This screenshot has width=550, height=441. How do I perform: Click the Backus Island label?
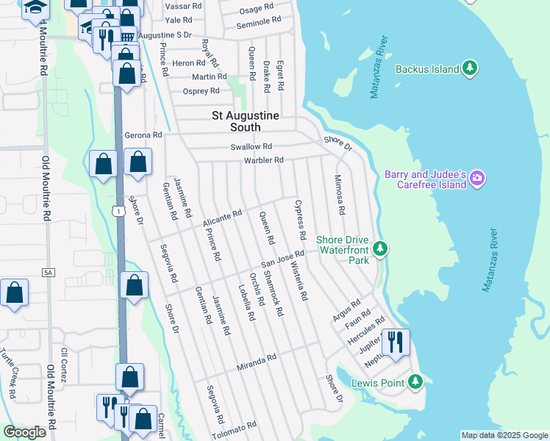click(x=426, y=70)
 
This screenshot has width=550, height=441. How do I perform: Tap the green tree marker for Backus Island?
click(x=470, y=69)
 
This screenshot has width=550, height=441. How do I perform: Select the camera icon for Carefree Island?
click(x=478, y=178)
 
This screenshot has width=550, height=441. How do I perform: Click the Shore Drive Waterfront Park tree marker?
click(x=379, y=249)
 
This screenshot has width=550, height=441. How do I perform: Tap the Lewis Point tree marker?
click(x=415, y=381)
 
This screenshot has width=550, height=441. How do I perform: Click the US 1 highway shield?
click(x=118, y=211)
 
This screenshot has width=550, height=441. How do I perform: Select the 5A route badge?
click(x=49, y=273)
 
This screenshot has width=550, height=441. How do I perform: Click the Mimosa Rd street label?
click(x=340, y=194)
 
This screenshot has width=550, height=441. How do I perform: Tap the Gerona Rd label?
click(x=143, y=135)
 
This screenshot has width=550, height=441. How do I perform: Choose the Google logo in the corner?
click(x=24, y=432)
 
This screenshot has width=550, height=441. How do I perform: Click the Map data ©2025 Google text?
click(x=504, y=435)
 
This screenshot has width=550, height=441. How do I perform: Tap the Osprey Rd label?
click(x=201, y=91)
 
